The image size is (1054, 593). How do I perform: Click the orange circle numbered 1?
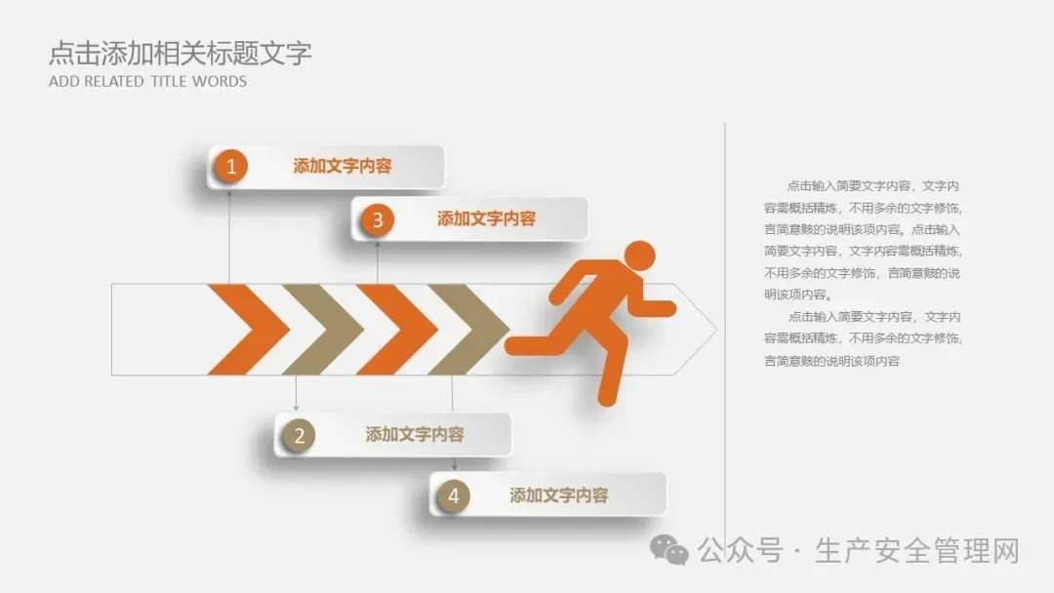pos(231,167)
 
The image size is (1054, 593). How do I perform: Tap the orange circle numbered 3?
pos(377,219)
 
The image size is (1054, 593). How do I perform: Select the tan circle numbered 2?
pos(300,436)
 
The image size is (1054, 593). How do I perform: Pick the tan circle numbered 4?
pos(453,496)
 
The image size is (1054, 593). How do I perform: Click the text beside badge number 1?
pos(343,167)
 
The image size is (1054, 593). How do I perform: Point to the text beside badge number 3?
pos(486,219)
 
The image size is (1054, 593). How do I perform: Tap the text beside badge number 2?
pos(415,435)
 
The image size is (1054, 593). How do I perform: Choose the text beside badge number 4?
pos(558,495)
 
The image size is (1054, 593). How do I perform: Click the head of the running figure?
pos(639,256)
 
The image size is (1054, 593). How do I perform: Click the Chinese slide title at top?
pos(181,53)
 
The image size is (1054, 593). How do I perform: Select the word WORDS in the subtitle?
pos(220,82)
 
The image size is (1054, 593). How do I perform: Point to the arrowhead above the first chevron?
pos(229,193)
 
